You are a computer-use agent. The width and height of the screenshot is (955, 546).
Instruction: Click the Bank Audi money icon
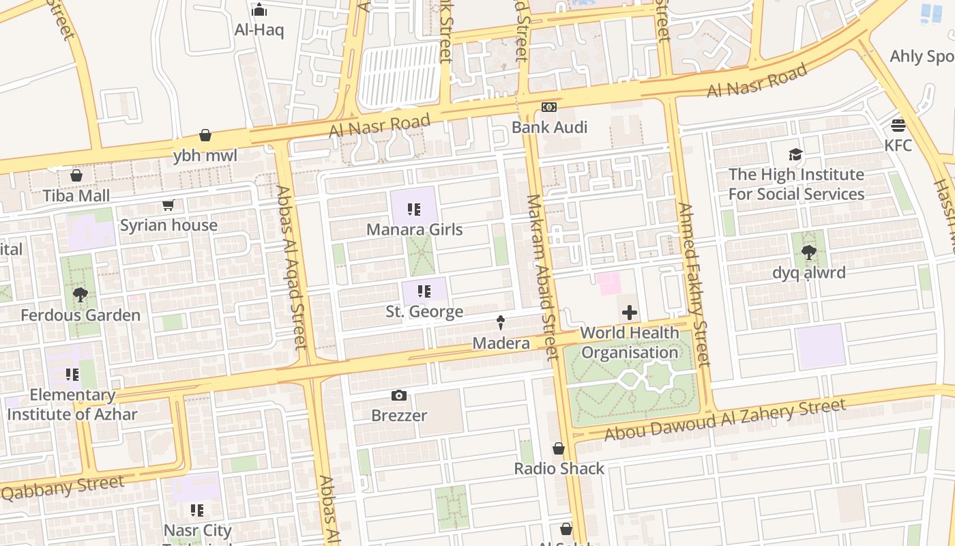click(549, 107)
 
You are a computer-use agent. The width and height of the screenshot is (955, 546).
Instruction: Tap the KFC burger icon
click(898, 125)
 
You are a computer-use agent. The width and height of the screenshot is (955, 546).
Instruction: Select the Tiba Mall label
click(76, 196)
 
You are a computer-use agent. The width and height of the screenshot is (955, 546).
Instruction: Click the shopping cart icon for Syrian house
click(168, 205)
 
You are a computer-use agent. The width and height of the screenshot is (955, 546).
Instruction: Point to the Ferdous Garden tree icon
click(80, 295)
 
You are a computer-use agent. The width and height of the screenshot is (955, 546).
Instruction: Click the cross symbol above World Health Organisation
click(630, 313)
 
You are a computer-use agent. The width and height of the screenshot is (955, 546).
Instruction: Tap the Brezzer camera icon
click(399, 395)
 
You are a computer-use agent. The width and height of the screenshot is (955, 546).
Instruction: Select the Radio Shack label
click(559, 468)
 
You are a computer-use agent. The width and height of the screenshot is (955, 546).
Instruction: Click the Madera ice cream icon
click(501, 323)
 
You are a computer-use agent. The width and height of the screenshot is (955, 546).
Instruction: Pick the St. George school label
click(424, 312)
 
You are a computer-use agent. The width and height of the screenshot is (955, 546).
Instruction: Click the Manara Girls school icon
click(414, 210)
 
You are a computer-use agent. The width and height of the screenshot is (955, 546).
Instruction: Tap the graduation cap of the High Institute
click(795, 154)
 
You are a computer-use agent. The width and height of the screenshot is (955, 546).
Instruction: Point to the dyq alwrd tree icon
click(809, 253)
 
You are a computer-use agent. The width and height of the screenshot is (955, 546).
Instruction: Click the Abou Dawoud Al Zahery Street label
click(725, 420)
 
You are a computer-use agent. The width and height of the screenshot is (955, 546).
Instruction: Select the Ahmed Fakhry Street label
click(694, 285)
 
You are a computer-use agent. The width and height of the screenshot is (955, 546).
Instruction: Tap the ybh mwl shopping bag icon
click(205, 135)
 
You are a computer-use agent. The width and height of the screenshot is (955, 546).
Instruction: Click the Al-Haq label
click(259, 30)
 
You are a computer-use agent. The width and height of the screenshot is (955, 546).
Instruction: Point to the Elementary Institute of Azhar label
click(72, 405)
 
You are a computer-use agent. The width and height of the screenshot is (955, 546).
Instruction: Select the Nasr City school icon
click(197, 511)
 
